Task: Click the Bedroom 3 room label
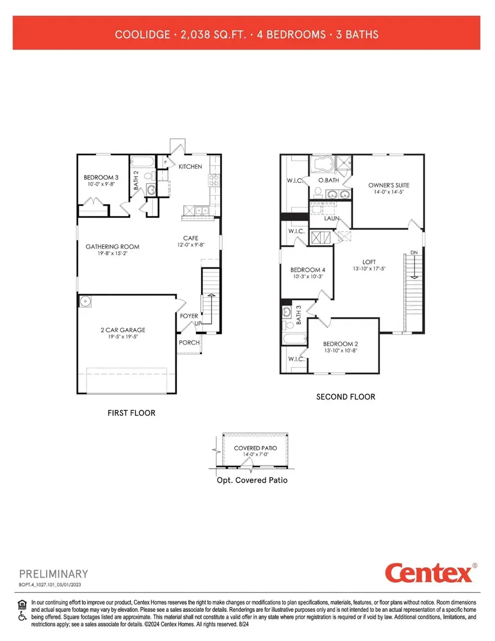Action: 101,177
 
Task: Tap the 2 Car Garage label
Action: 123,330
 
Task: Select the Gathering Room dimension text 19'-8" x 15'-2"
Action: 112,254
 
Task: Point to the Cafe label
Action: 191,238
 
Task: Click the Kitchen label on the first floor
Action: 190,166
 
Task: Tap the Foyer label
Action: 189,316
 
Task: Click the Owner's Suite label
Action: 388,185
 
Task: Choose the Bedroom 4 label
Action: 307,270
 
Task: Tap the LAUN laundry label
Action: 331,218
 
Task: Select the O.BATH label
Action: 328,180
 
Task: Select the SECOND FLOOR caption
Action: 345,397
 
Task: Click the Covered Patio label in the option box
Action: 255,448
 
